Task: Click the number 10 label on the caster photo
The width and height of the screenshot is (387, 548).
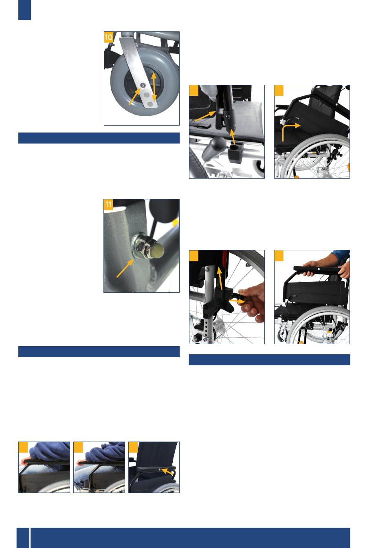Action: [108, 37]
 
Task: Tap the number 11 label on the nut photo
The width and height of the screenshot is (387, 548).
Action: [108, 205]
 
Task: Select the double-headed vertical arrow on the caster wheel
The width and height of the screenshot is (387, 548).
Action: [154, 87]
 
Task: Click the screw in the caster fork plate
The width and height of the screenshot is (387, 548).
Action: [143, 85]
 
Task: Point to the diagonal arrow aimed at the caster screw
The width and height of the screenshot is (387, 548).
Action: [135, 96]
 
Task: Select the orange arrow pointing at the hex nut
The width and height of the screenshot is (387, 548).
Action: [125, 268]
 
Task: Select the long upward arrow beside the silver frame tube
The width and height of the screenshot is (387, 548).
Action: [220, 278]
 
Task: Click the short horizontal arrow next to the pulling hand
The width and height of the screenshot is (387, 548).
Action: [237, 301]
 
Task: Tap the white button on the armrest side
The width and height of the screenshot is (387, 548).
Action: [160, 470]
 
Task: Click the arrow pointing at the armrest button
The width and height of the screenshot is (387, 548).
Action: [167, 472]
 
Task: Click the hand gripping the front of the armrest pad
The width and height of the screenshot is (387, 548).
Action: [310, 268]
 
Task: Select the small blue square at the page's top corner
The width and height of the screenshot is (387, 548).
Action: [25, 10]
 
